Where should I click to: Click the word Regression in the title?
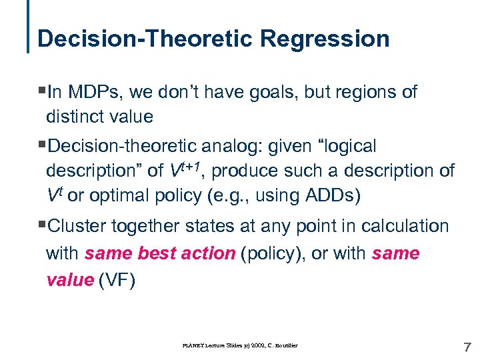pos(325,39)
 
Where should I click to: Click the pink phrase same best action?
pos(160,254)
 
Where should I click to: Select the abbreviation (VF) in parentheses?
pos(117,281)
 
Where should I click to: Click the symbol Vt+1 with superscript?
pos(189,170)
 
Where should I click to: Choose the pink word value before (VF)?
pos(69,281)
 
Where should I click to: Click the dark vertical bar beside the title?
pos(29,27)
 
